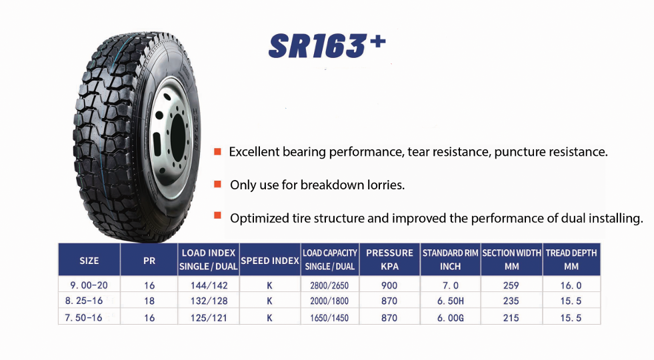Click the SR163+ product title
[327, 45]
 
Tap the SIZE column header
[89, 261]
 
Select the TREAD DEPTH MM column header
[571, 259]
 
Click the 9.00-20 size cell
[89, 285]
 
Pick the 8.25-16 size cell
[84, 301]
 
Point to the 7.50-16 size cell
[83, 318]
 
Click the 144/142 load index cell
[209, 285]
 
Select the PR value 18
[149, 301]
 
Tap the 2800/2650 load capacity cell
[329, 285]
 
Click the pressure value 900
[389, 285]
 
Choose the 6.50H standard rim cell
[451, 301]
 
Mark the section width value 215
[511, 318]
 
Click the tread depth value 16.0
[571, 285]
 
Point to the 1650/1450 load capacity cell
[329, 318]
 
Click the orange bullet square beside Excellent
[217, 151]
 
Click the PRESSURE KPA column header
[389, 259]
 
